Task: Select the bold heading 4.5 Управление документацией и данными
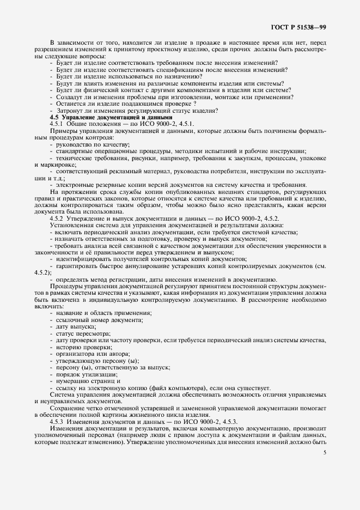click(111, 117)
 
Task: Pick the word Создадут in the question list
click(71, 97)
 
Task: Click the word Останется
click(72, 104)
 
